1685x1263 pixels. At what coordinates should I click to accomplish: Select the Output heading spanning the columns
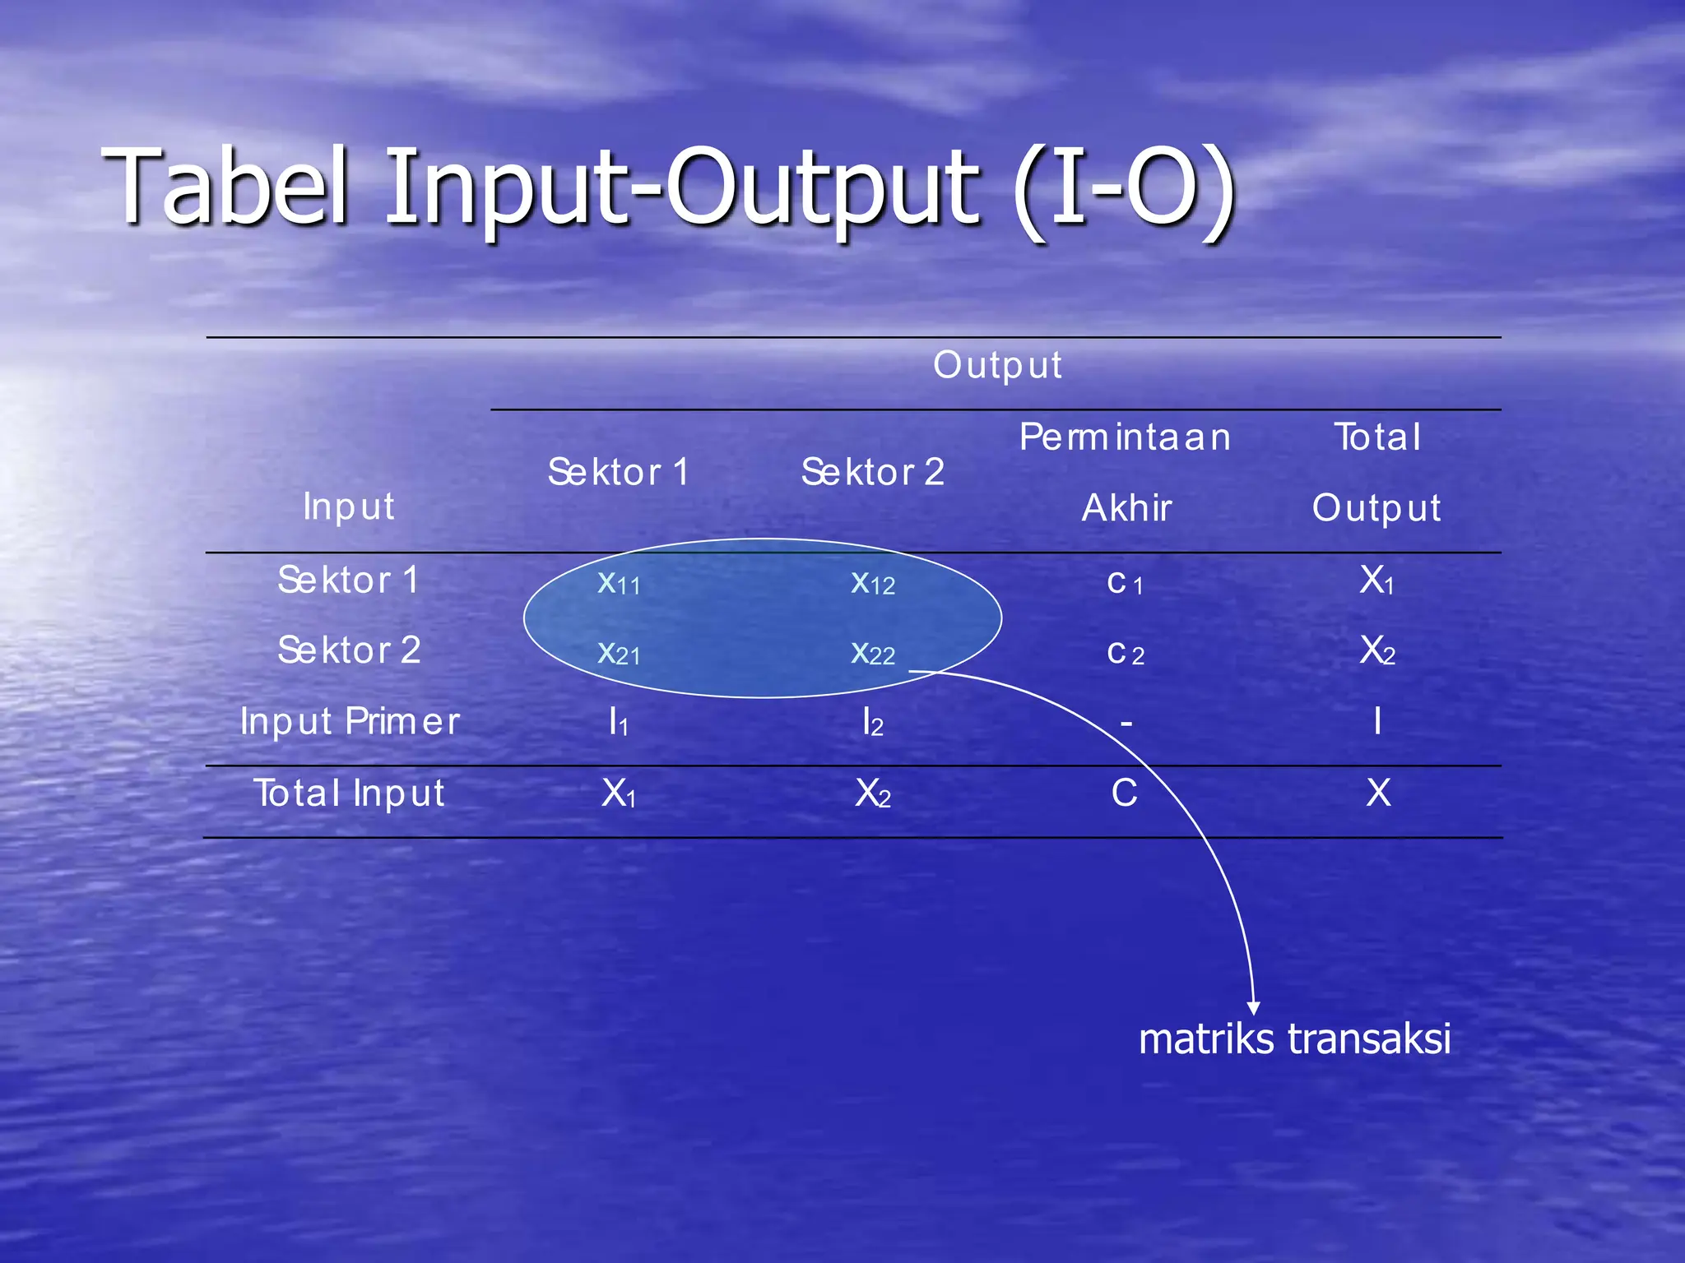(997, 365)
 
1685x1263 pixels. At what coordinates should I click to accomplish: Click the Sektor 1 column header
(618, 472)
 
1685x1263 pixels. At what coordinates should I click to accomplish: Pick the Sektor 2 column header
(872, 472)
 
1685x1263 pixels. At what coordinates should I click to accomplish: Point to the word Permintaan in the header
(1125, 437)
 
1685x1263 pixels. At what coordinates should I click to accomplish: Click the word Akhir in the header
(1126, 507)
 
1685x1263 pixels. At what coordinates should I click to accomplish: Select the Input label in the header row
(348, 506)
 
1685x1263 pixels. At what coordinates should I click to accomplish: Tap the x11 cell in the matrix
(618, 582)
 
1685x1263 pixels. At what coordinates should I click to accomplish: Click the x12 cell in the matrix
(872, 582)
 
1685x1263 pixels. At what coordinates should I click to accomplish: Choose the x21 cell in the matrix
(618, 653)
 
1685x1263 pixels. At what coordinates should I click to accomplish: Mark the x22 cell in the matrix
(872, 653)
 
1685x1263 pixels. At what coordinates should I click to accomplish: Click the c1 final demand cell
(1125, 582)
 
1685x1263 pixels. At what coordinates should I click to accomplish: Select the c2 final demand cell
(1125, 653)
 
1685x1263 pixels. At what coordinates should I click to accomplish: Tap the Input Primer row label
(350, 721)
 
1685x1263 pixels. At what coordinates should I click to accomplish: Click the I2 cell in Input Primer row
(872, 723)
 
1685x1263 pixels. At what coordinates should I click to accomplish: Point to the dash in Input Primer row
(1126, 724)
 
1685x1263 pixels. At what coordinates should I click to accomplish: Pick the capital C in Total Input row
(1124, 793)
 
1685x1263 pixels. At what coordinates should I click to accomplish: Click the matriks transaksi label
(1294, 1039)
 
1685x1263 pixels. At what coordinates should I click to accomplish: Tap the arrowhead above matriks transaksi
(1253, 1007)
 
